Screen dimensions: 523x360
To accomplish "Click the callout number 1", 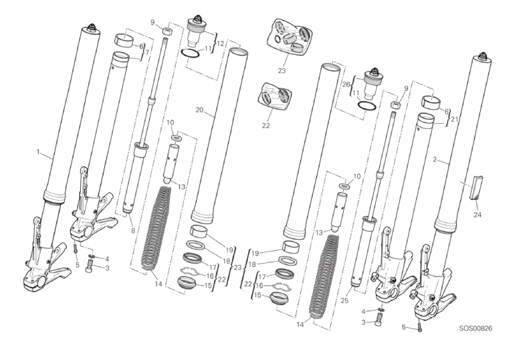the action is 38,152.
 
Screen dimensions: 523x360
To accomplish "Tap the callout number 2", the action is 435,159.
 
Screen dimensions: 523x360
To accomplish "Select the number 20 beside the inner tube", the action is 199,110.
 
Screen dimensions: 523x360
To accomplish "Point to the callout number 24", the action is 478,215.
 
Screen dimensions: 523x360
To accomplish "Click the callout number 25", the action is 344,300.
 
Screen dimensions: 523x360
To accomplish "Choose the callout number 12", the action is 221,43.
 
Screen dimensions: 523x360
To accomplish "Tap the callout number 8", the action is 132,230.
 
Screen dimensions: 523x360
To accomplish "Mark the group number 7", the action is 147,53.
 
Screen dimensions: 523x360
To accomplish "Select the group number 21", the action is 454,119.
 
